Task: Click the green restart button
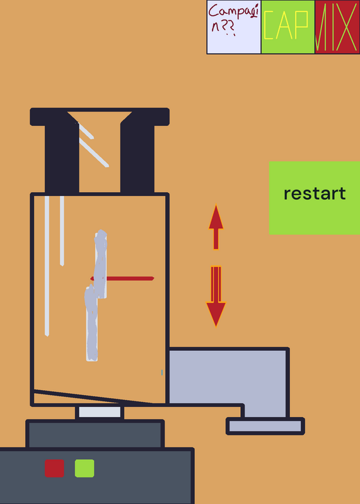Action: (315, 198)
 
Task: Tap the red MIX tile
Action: (337, 27)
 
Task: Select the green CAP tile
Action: (287, 27)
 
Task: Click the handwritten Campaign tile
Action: (233, 27)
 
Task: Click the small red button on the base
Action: (54, 468)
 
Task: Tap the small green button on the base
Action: (84, 468)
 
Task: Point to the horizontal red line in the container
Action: (122, 278)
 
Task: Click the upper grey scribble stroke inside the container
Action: (100, 263)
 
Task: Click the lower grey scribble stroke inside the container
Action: (91, 324)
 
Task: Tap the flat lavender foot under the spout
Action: (265, 427)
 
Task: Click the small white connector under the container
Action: (100, 412)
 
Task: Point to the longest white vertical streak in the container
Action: (47, 266)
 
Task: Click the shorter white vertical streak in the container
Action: (62, 231)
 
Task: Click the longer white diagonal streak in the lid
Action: (94, 152)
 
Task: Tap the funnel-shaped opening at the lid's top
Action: (100, 117)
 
